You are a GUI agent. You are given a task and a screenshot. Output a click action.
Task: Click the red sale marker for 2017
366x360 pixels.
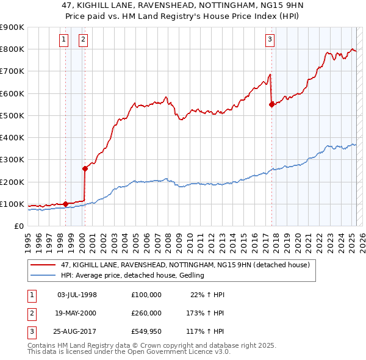271,104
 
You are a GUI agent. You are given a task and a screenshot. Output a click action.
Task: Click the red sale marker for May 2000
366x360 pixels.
85,168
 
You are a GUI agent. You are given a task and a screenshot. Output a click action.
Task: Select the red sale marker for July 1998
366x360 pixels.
65,204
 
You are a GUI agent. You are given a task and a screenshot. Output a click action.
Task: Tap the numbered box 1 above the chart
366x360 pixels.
63,40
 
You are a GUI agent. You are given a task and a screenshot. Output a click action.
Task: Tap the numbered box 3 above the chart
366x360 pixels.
269,40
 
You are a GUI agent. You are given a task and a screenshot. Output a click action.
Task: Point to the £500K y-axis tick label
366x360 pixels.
12,115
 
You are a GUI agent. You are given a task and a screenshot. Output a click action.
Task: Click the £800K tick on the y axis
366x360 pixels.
12,49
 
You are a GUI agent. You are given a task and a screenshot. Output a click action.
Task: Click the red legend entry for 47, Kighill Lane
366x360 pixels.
188,265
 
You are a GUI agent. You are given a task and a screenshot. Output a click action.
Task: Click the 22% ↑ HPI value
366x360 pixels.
208,294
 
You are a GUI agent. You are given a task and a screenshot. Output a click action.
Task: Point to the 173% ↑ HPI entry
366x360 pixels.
205,314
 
